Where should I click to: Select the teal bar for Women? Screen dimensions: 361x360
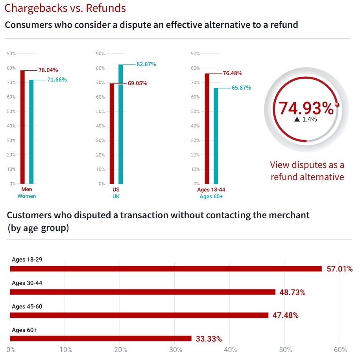[x=31, y=132]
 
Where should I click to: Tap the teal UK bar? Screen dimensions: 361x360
[x=120, y=124]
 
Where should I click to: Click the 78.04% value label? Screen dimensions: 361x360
[x=48, y=70]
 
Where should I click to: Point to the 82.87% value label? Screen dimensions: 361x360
[x=146, y=64]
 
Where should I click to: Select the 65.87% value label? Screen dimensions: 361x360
[x=241, y=88]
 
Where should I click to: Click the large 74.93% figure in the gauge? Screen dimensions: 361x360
[x=306, y=109]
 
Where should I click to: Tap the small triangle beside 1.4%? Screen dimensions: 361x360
[x=297, y=119]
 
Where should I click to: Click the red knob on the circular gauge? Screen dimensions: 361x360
[x=337, y=105]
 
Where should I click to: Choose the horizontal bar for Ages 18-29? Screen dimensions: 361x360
[x=166, y=269]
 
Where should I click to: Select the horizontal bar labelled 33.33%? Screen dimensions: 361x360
[x=101, y=339]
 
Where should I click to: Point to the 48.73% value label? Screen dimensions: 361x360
[x=292, y=293]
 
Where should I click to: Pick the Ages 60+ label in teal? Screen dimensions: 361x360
[x=211, y=196]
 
